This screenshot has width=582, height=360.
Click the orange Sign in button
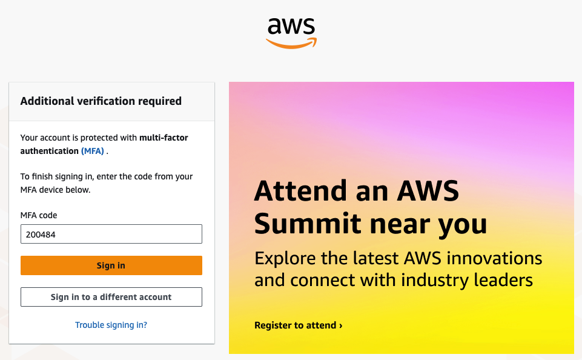(111, 265)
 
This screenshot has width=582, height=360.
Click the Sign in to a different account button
(111, 297)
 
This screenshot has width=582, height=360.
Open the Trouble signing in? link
(111, 325)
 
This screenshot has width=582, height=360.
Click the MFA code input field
(111, 234)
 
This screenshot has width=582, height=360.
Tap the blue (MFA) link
(93, 151)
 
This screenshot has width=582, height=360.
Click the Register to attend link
(299, 325)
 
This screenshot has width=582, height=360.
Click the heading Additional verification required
(101, 101)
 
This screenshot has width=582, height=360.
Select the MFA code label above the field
(39, 215)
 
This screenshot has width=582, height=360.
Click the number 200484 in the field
(41, 235)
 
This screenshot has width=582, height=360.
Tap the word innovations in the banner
(494, 258)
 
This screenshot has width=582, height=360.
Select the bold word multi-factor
(164, 138)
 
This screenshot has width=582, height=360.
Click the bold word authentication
(50, 151)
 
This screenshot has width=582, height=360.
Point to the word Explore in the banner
(285, 259)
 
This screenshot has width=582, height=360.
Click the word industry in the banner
(434, 281)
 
